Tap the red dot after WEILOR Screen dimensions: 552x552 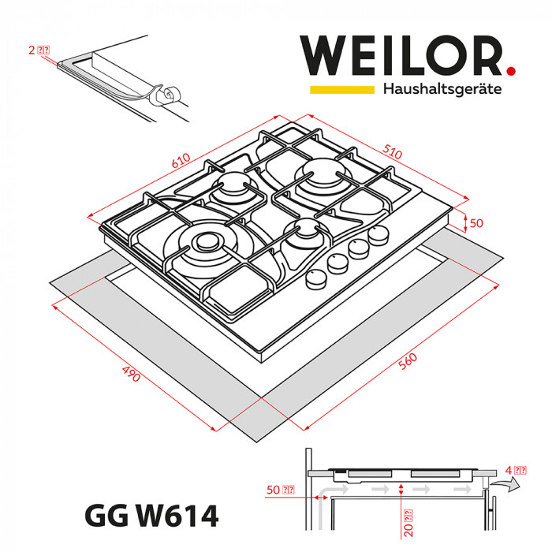coord(510,71)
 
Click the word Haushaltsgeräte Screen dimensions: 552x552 coord(442,89)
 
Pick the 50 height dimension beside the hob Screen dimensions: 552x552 coord(476,223)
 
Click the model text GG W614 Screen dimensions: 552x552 coord(149,517)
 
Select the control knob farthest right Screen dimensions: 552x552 coord(380,234)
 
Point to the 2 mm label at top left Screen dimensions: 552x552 coord(39,50)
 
